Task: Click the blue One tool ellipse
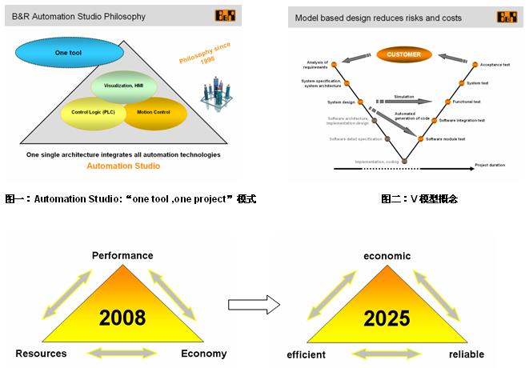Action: tap(69, 54)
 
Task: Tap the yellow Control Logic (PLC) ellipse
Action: tap(93, 113)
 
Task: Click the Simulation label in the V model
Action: tap(404, 96)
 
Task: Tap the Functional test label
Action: tap(467, 102)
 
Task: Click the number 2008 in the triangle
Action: tap(122, 318)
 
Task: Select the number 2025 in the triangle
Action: tap(387, 318)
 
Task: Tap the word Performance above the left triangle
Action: tap(122, 256)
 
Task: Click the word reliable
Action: tap(467, 354)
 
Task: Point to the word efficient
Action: tap(307, 354)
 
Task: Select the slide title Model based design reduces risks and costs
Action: tap(379, 18)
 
